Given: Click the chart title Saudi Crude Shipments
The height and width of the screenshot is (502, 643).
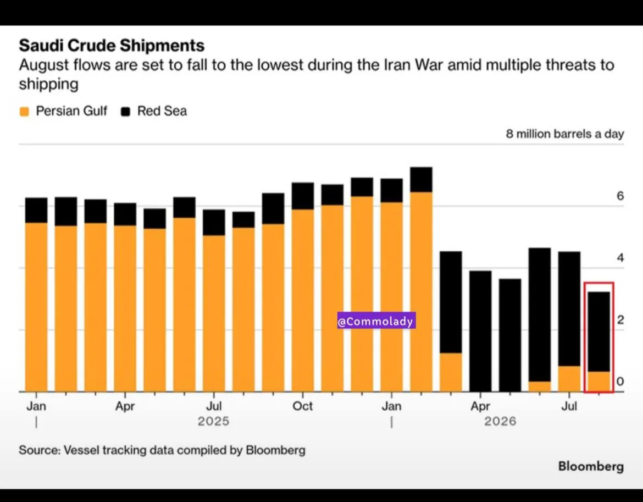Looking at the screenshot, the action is (x=112, y=45).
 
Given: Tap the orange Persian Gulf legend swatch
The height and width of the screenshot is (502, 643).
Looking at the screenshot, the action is (x=24, y=111).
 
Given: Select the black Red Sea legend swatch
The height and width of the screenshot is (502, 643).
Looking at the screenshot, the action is (x=125, y=111).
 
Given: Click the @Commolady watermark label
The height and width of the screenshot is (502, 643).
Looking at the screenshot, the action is (x=376, y=321).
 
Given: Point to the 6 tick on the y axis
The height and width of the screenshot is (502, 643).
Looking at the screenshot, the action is (x=620, y=196).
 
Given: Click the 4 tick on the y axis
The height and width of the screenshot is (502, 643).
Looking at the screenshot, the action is (x=620, y=258).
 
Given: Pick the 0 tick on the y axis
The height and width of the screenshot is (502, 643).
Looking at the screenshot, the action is (x=620, y=382).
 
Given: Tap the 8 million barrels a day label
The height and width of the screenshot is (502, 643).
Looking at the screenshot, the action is (x=564, y=134).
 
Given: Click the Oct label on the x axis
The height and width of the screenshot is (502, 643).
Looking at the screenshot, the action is (x=303, y=406).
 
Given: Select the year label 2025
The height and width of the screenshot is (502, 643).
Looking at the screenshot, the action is (x=213, y=421).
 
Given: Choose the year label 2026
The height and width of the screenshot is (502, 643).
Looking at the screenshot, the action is (x=500, y=421).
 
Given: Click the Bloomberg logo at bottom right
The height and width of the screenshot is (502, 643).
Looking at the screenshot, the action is (x=591, y=466).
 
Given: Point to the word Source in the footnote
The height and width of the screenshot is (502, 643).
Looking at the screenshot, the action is (x=39, y=450).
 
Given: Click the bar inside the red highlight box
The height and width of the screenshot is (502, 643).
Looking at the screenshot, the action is (x=598, y=341).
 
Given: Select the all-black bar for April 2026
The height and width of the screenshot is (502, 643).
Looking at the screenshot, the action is (x=480, y=331).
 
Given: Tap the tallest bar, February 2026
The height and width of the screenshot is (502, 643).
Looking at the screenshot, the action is (x=421, y=279).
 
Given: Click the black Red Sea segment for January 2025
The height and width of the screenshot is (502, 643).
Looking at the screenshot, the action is (x=36, y=210).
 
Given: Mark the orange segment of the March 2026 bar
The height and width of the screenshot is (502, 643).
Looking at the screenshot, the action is (x=451, y=372).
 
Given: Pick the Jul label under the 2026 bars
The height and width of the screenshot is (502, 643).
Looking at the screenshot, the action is (x=569, y=406).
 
